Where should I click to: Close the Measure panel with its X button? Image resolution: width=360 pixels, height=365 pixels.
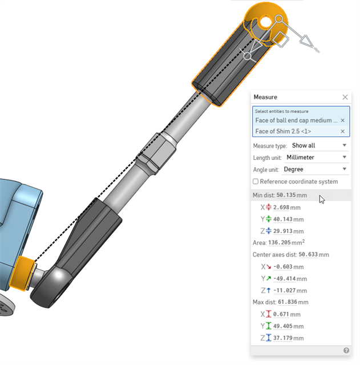[345, 97]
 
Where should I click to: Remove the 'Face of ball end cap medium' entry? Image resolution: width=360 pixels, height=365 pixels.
[342, 121]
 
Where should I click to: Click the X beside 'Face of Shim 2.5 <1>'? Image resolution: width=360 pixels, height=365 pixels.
[342, 131]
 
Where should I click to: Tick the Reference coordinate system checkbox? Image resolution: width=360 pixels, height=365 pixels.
[256, 182]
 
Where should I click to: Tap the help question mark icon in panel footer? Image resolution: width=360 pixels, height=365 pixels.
[346, 350]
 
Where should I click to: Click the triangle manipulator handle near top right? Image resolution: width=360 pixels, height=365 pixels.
[306, 41]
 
